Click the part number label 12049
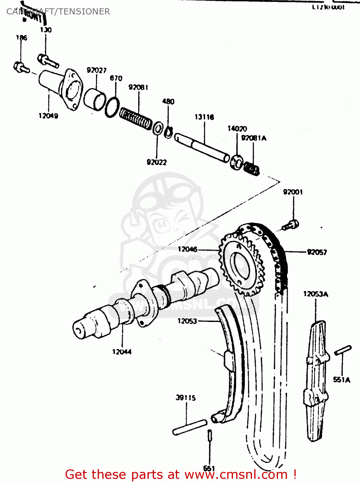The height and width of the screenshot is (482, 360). (x=48, y=116)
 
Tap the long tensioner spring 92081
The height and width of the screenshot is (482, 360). (x=136, y=119)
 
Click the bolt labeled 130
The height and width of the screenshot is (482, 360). (x=48, y=61)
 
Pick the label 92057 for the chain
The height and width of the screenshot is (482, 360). (x=317, y=252)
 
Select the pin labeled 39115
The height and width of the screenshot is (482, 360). (x=190, y=427)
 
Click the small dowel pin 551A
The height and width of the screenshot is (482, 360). (x=343, y=350)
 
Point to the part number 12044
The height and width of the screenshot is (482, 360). (x=122, y=352)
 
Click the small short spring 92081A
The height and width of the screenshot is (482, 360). (x=251, y=168)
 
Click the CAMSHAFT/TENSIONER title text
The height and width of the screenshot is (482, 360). (x=58, y=12)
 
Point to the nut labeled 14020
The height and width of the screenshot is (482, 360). (x=237, y=162)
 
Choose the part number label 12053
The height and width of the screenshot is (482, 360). (x=187, y=321)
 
